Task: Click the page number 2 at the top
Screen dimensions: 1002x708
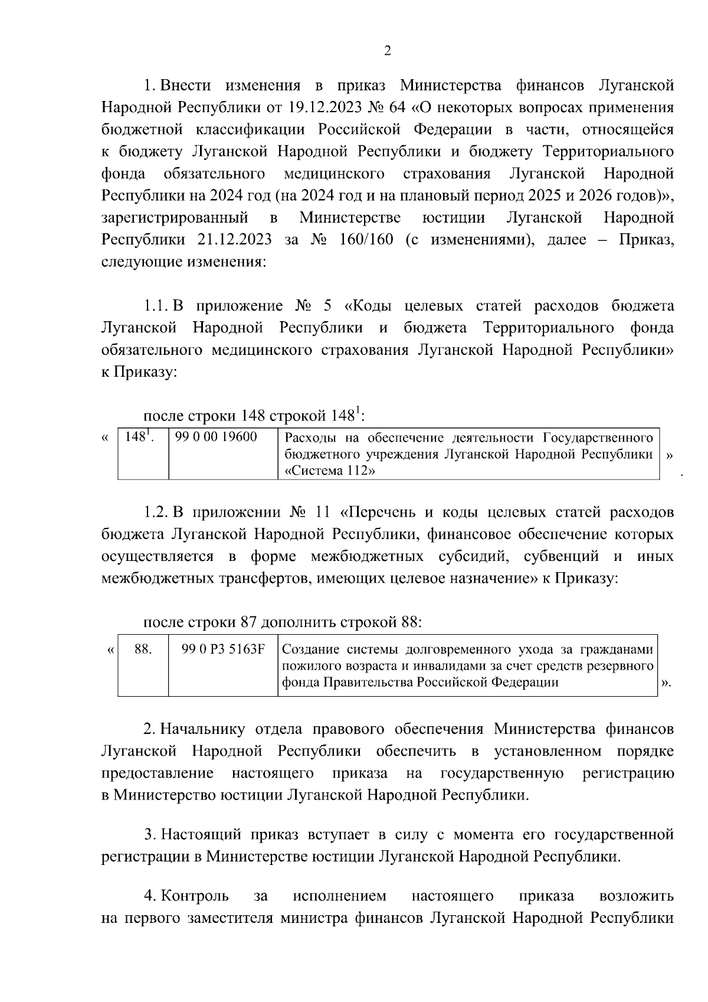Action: (x=387, y=51)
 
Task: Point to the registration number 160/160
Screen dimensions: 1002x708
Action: (x=366, y=239)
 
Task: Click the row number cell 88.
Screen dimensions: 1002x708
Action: (x=143, y=649)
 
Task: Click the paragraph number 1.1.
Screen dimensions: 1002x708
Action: (x=157, y=306)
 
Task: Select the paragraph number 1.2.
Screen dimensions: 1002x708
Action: (x=157, y=511)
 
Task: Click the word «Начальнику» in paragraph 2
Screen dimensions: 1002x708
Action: (x=203, y=729)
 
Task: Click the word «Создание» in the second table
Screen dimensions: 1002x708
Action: (x=311, y=649)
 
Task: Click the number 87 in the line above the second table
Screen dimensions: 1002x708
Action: (x=248, y=622)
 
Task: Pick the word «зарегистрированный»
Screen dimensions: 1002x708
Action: (x=175, y=217)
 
